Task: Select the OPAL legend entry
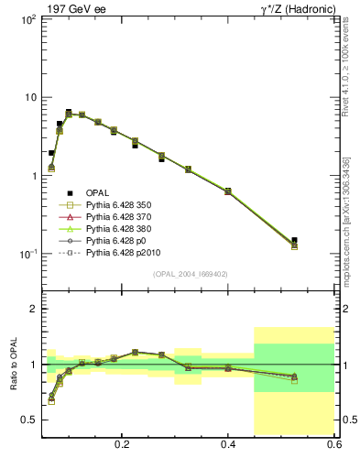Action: (98, 192)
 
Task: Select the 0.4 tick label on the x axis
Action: (228, 444)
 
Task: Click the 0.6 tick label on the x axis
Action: (333, 444)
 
